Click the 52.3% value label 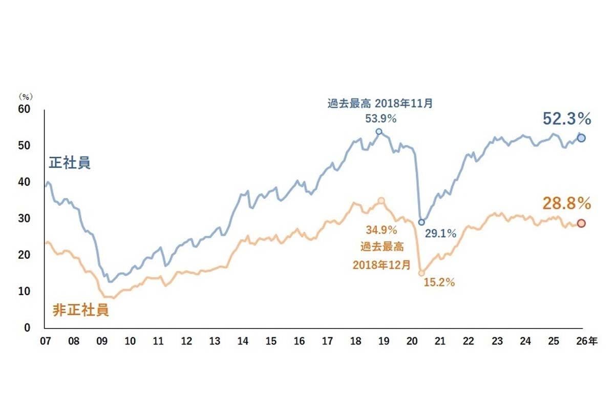pos(567,119)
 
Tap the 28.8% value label pos(567,204)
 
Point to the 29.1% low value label pos(440,234)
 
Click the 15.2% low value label pos(439,282)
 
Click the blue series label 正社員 pos(70,163)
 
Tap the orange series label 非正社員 pos(81,310)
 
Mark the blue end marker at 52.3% pos(581,138)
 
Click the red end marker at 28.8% pos(581,223)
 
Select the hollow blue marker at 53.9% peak pos(379,131)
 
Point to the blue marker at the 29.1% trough pos(421,222)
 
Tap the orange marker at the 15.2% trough pos(421,273)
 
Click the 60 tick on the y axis pos(25,109)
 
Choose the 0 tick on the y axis pos(28,328)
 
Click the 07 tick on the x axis pos(45,341)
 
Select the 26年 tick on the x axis pos(585,341)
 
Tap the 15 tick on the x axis pos(271,341)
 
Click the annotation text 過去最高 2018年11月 pos(380,103)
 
